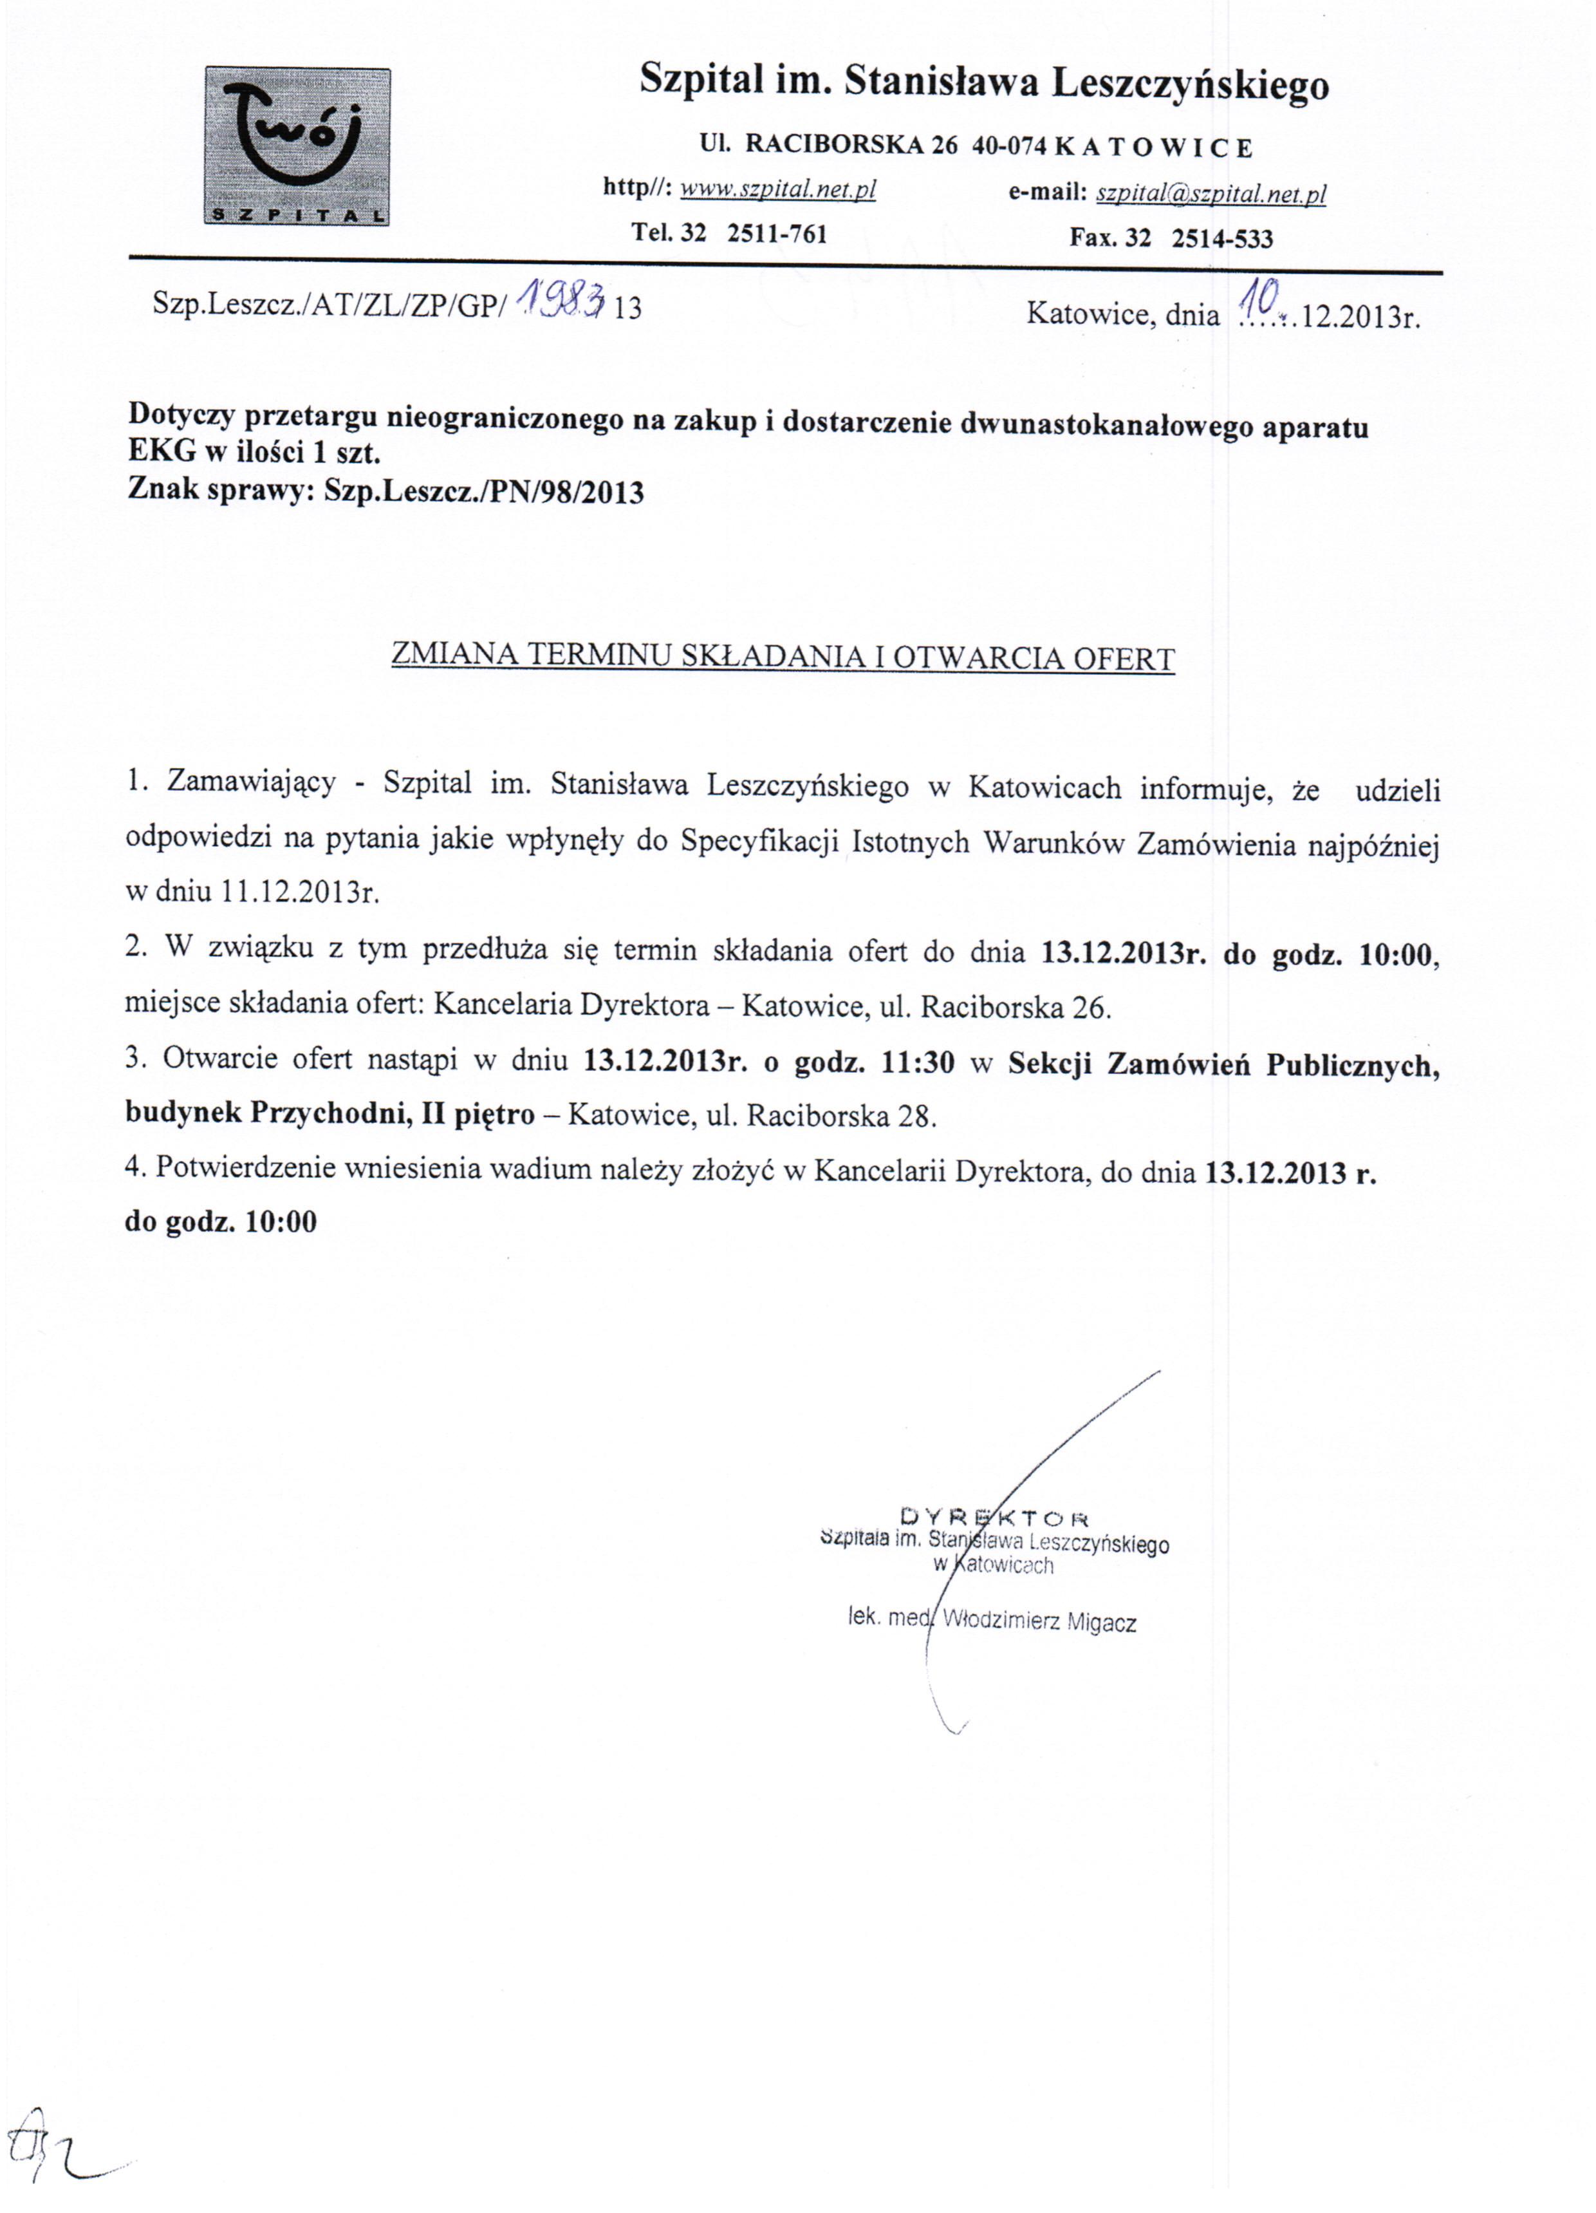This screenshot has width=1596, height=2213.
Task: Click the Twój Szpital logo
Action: click(297, 146)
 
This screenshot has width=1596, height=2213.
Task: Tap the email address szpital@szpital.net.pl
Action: click(1211, 194)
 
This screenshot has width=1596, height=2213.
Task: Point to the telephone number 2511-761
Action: click(777, 234)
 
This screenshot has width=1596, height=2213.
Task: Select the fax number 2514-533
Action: click(1221, 238)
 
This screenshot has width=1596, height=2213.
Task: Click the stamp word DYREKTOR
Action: click(994, 1517)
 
